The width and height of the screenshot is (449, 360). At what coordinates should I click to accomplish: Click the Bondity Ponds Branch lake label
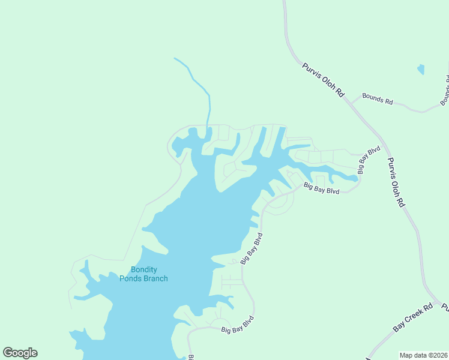pyautogui.click(x=143, y=274)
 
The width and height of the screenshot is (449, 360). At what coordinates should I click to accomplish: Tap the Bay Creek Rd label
pyautogui.click(x=413, y=318)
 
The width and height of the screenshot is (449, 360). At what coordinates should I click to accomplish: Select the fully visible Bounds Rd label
pyautogui.click(x=377, y=99)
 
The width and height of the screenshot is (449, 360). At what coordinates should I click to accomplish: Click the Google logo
pyautogui.click(x=20, y=353)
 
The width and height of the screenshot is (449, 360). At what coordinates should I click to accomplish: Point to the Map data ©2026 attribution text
pyautogui.click(x=423, y=355)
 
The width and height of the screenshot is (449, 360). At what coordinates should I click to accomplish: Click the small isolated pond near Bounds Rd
pyautogui.click(x=421, y=69)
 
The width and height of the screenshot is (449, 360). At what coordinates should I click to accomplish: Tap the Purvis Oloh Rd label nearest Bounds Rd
pyautogui.click(x=324, y=80)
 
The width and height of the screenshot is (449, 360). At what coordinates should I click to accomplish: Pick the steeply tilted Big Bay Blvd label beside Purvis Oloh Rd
pyautogui.click(x=369, y=160)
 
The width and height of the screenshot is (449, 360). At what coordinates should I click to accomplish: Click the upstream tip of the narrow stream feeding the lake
pyautogui.click(x=175, y=58)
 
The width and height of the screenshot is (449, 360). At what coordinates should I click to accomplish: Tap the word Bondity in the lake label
pyautogui.click(x=143, y=270)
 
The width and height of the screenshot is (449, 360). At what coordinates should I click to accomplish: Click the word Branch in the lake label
pyautogui.click(x=155, y=278)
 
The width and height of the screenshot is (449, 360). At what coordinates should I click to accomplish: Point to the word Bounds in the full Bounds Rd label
pyautogui.click(x=372, y=98)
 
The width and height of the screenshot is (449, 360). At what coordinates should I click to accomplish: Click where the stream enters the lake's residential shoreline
pyautogui.click(x=207, y=127)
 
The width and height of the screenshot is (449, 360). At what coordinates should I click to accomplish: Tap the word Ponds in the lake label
pyautogui.click(x=130, y=278)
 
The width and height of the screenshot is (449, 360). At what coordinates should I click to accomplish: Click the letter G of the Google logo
pyautogui.click(x=8, y=353)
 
